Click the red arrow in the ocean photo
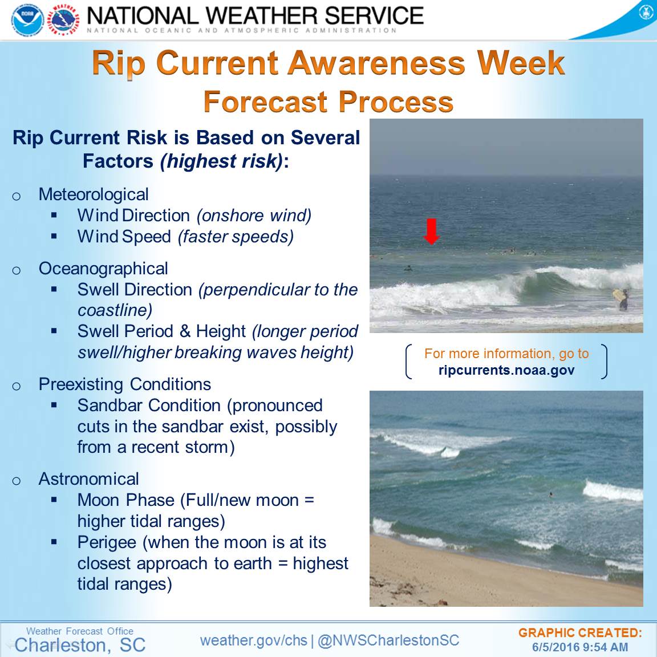point(431,232)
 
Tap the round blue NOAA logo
point(27,19)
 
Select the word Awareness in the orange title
point(376,63)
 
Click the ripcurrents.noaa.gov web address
point(506,370)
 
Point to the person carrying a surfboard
point(622,299)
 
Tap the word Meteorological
point(94,194)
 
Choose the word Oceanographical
point(103,269)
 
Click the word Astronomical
point(88,479)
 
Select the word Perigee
point(107,542)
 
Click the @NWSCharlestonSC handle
point(388,640)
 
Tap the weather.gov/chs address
point(253,640)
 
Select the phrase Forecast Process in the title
point(328,102)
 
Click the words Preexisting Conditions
point(124,384)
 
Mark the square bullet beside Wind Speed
point(54,236)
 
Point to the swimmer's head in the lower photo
point(550,495)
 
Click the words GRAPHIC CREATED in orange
point(580,632)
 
